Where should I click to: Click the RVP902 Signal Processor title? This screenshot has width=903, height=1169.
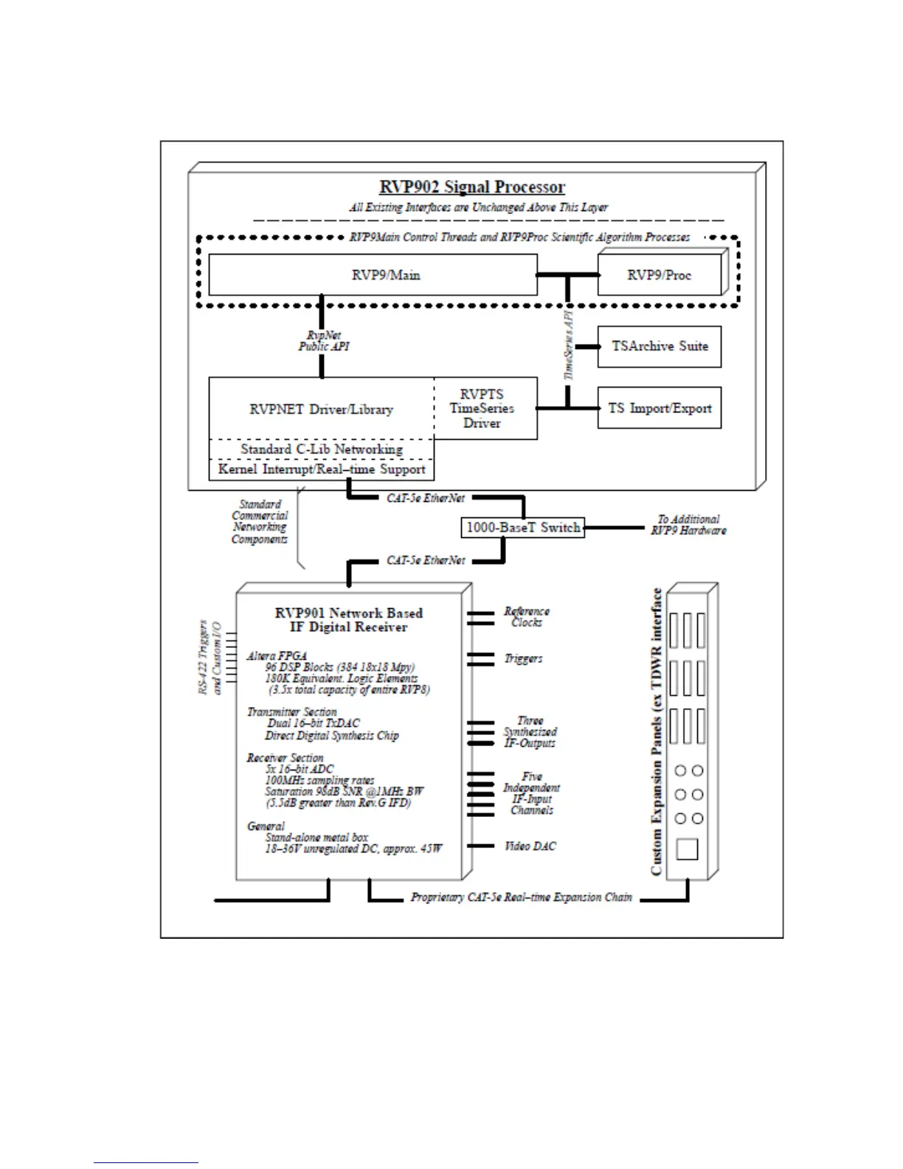coord(472,187)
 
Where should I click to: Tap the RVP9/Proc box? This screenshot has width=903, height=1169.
coord(659,275)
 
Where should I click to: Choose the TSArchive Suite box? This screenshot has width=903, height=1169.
coord(659,346)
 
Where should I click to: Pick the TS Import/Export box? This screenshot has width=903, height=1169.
coord(659,408)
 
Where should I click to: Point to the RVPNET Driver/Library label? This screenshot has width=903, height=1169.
coord(321,409)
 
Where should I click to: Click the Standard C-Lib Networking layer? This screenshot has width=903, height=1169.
coord(321,449)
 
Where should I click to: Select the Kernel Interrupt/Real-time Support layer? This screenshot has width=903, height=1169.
coord(321,469)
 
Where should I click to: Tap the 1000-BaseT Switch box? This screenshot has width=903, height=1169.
coord(522,528)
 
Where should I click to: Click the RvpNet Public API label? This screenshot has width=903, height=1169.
coord(324,341)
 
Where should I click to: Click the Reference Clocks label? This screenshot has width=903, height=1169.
coord(527,617)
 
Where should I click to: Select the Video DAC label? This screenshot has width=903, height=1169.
coord(530,846)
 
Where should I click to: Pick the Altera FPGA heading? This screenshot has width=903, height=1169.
coord(277,655)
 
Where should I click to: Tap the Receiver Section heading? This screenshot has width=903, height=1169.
coord(285,757)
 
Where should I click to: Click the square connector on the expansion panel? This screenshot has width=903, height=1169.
coord(687,849)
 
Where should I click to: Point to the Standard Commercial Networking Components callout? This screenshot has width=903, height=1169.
coord(260,522)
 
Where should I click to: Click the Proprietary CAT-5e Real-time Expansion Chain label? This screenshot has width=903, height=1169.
coord(521,897)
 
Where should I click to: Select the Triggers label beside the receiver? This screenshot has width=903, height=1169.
coord(524,658)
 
